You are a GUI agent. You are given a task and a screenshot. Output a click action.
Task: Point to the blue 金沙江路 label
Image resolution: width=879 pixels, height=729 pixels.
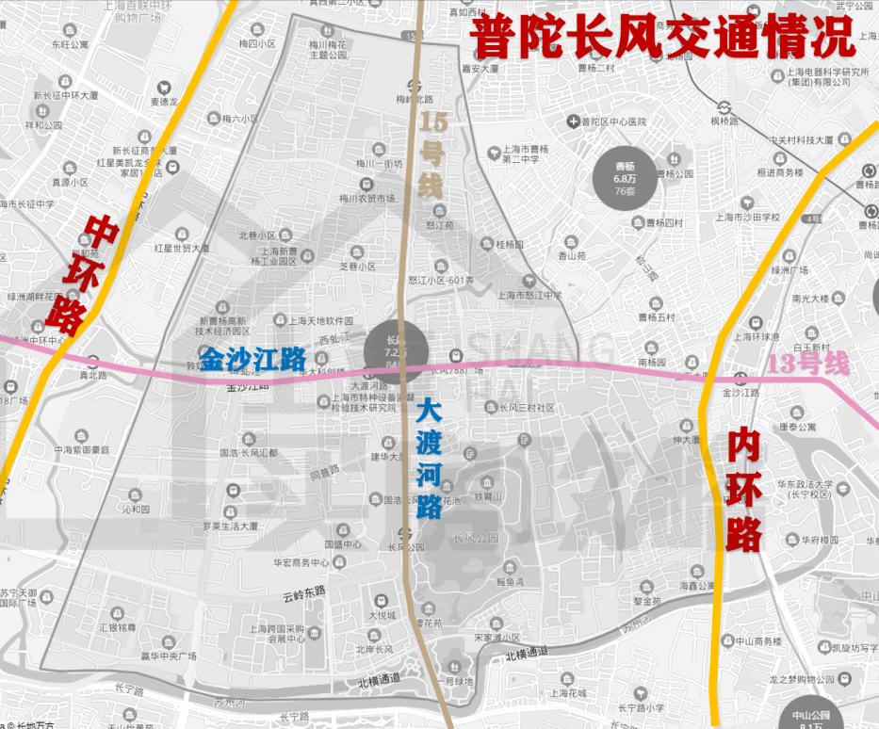point(253,358)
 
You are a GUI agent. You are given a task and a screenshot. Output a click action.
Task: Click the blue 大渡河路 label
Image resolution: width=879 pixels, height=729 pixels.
point(429,459)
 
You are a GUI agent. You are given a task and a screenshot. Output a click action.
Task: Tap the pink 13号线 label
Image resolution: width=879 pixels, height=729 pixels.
point(808,364)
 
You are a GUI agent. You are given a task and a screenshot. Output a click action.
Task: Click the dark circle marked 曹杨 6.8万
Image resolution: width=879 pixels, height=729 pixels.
point(626,176)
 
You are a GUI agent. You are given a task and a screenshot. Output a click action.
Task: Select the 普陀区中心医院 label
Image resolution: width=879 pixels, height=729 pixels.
point(612,122)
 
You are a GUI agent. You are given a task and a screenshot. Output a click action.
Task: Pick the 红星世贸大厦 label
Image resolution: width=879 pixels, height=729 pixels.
point(182,249)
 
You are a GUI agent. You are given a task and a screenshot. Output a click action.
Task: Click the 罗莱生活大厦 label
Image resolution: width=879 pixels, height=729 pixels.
point(231,526)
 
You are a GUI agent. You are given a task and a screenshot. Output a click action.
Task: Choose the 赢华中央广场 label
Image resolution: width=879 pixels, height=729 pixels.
point(167,656)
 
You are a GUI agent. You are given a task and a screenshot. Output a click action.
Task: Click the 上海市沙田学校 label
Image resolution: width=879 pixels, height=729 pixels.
point(747,217)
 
